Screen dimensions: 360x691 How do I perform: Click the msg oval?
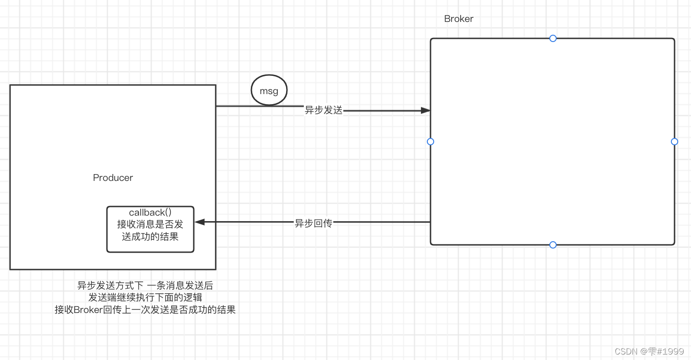tap(269, 91)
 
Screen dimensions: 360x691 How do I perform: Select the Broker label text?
tap(458, 19)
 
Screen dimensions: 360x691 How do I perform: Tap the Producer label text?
tap(113, 178)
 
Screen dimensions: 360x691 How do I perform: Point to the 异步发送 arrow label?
tap(324, 110)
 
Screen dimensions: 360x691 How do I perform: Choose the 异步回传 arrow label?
tap(313, 223)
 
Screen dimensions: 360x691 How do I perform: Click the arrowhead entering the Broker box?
tap(425, 111)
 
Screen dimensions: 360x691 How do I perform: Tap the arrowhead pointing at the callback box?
tap(200, 222)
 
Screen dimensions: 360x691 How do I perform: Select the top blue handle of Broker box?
tap(553, 38)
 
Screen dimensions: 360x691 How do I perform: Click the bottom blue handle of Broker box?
tap(553, 245)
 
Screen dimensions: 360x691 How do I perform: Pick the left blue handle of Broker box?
tap(430, 142)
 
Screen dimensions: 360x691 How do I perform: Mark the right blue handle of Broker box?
tap(675, 142)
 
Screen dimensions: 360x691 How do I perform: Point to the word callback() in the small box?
tap(150, 212)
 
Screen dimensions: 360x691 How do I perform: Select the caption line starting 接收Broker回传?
tap(145, 310)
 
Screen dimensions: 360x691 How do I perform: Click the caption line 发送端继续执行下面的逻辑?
tap(145, 298)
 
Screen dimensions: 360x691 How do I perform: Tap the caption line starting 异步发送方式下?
tap(145, 286)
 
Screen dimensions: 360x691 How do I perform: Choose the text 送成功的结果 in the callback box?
tap(150, 237)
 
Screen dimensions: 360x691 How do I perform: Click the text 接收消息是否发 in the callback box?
tap(150, 224)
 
